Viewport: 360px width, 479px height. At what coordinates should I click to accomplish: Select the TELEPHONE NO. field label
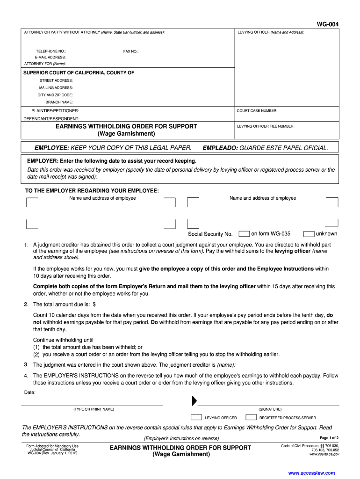51,51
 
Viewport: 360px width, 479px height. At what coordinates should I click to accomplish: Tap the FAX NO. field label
131,51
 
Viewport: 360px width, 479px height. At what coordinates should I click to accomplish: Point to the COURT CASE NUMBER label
257,111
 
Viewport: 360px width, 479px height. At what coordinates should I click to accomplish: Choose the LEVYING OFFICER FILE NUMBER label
265,126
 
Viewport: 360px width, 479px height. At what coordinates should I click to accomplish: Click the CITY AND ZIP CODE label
55,95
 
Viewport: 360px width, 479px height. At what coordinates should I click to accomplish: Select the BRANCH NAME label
59,102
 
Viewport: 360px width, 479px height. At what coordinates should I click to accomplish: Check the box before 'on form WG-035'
244,234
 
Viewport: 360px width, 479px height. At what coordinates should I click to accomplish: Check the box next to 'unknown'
309,234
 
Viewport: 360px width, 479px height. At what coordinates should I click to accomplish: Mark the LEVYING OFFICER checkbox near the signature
196,417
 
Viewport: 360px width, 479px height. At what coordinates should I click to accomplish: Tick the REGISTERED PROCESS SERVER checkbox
251,417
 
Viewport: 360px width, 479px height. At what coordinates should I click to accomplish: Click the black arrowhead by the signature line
194,401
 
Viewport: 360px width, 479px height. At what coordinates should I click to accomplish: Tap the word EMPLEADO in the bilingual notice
220,148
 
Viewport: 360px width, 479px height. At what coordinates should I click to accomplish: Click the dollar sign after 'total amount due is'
94,305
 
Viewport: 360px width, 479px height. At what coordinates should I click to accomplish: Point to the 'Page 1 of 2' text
329,438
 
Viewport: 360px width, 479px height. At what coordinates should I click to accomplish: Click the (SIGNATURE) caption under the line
270,409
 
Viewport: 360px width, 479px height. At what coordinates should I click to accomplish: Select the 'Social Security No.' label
210,234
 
